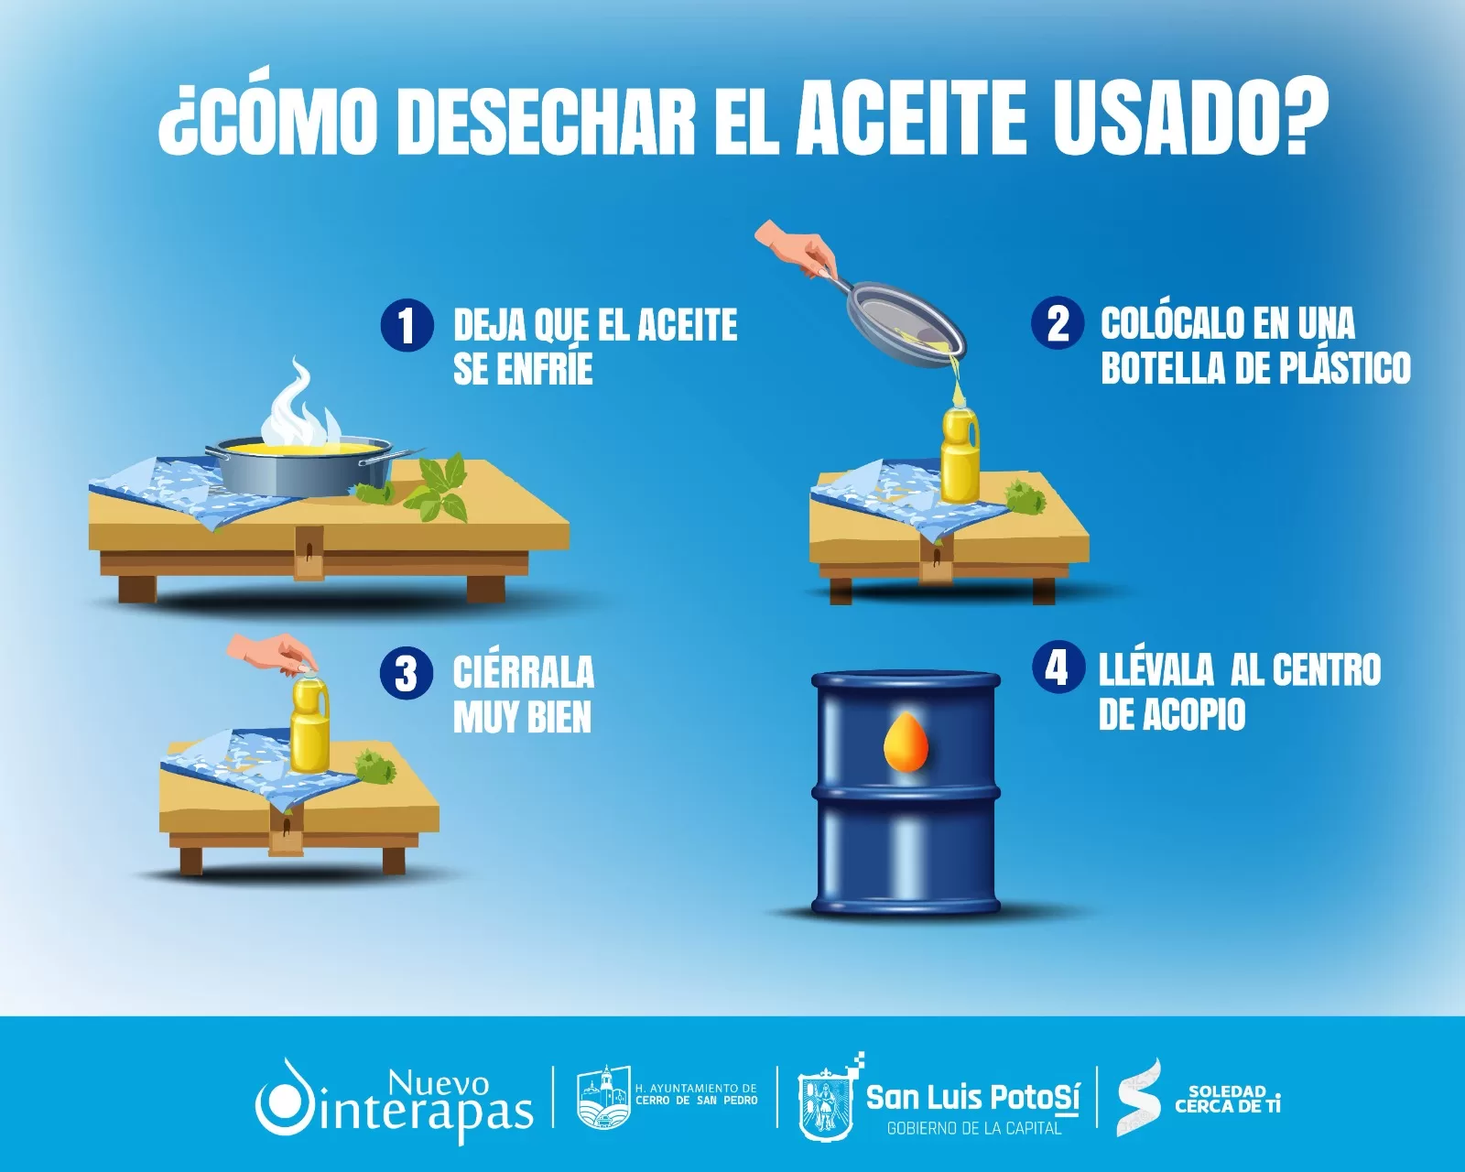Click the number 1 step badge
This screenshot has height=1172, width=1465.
[407, 326]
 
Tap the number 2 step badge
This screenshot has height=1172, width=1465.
[1058, 323]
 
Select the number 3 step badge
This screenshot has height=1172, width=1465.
[407, 673]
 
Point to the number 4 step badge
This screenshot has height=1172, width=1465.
[1058, 667]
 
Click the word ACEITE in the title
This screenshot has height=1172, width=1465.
[911, 116]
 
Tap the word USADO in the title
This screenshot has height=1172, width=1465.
[1168, 116]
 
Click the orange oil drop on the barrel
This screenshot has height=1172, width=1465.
[906, 741]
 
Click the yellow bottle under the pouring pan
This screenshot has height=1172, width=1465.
[960, 453]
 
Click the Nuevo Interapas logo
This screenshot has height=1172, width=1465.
[394, 1099]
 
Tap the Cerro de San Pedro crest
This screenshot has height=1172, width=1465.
[603, 1096]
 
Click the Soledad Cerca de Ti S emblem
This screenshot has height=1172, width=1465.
[1139, 1098]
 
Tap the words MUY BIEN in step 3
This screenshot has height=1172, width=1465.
[522, 717]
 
